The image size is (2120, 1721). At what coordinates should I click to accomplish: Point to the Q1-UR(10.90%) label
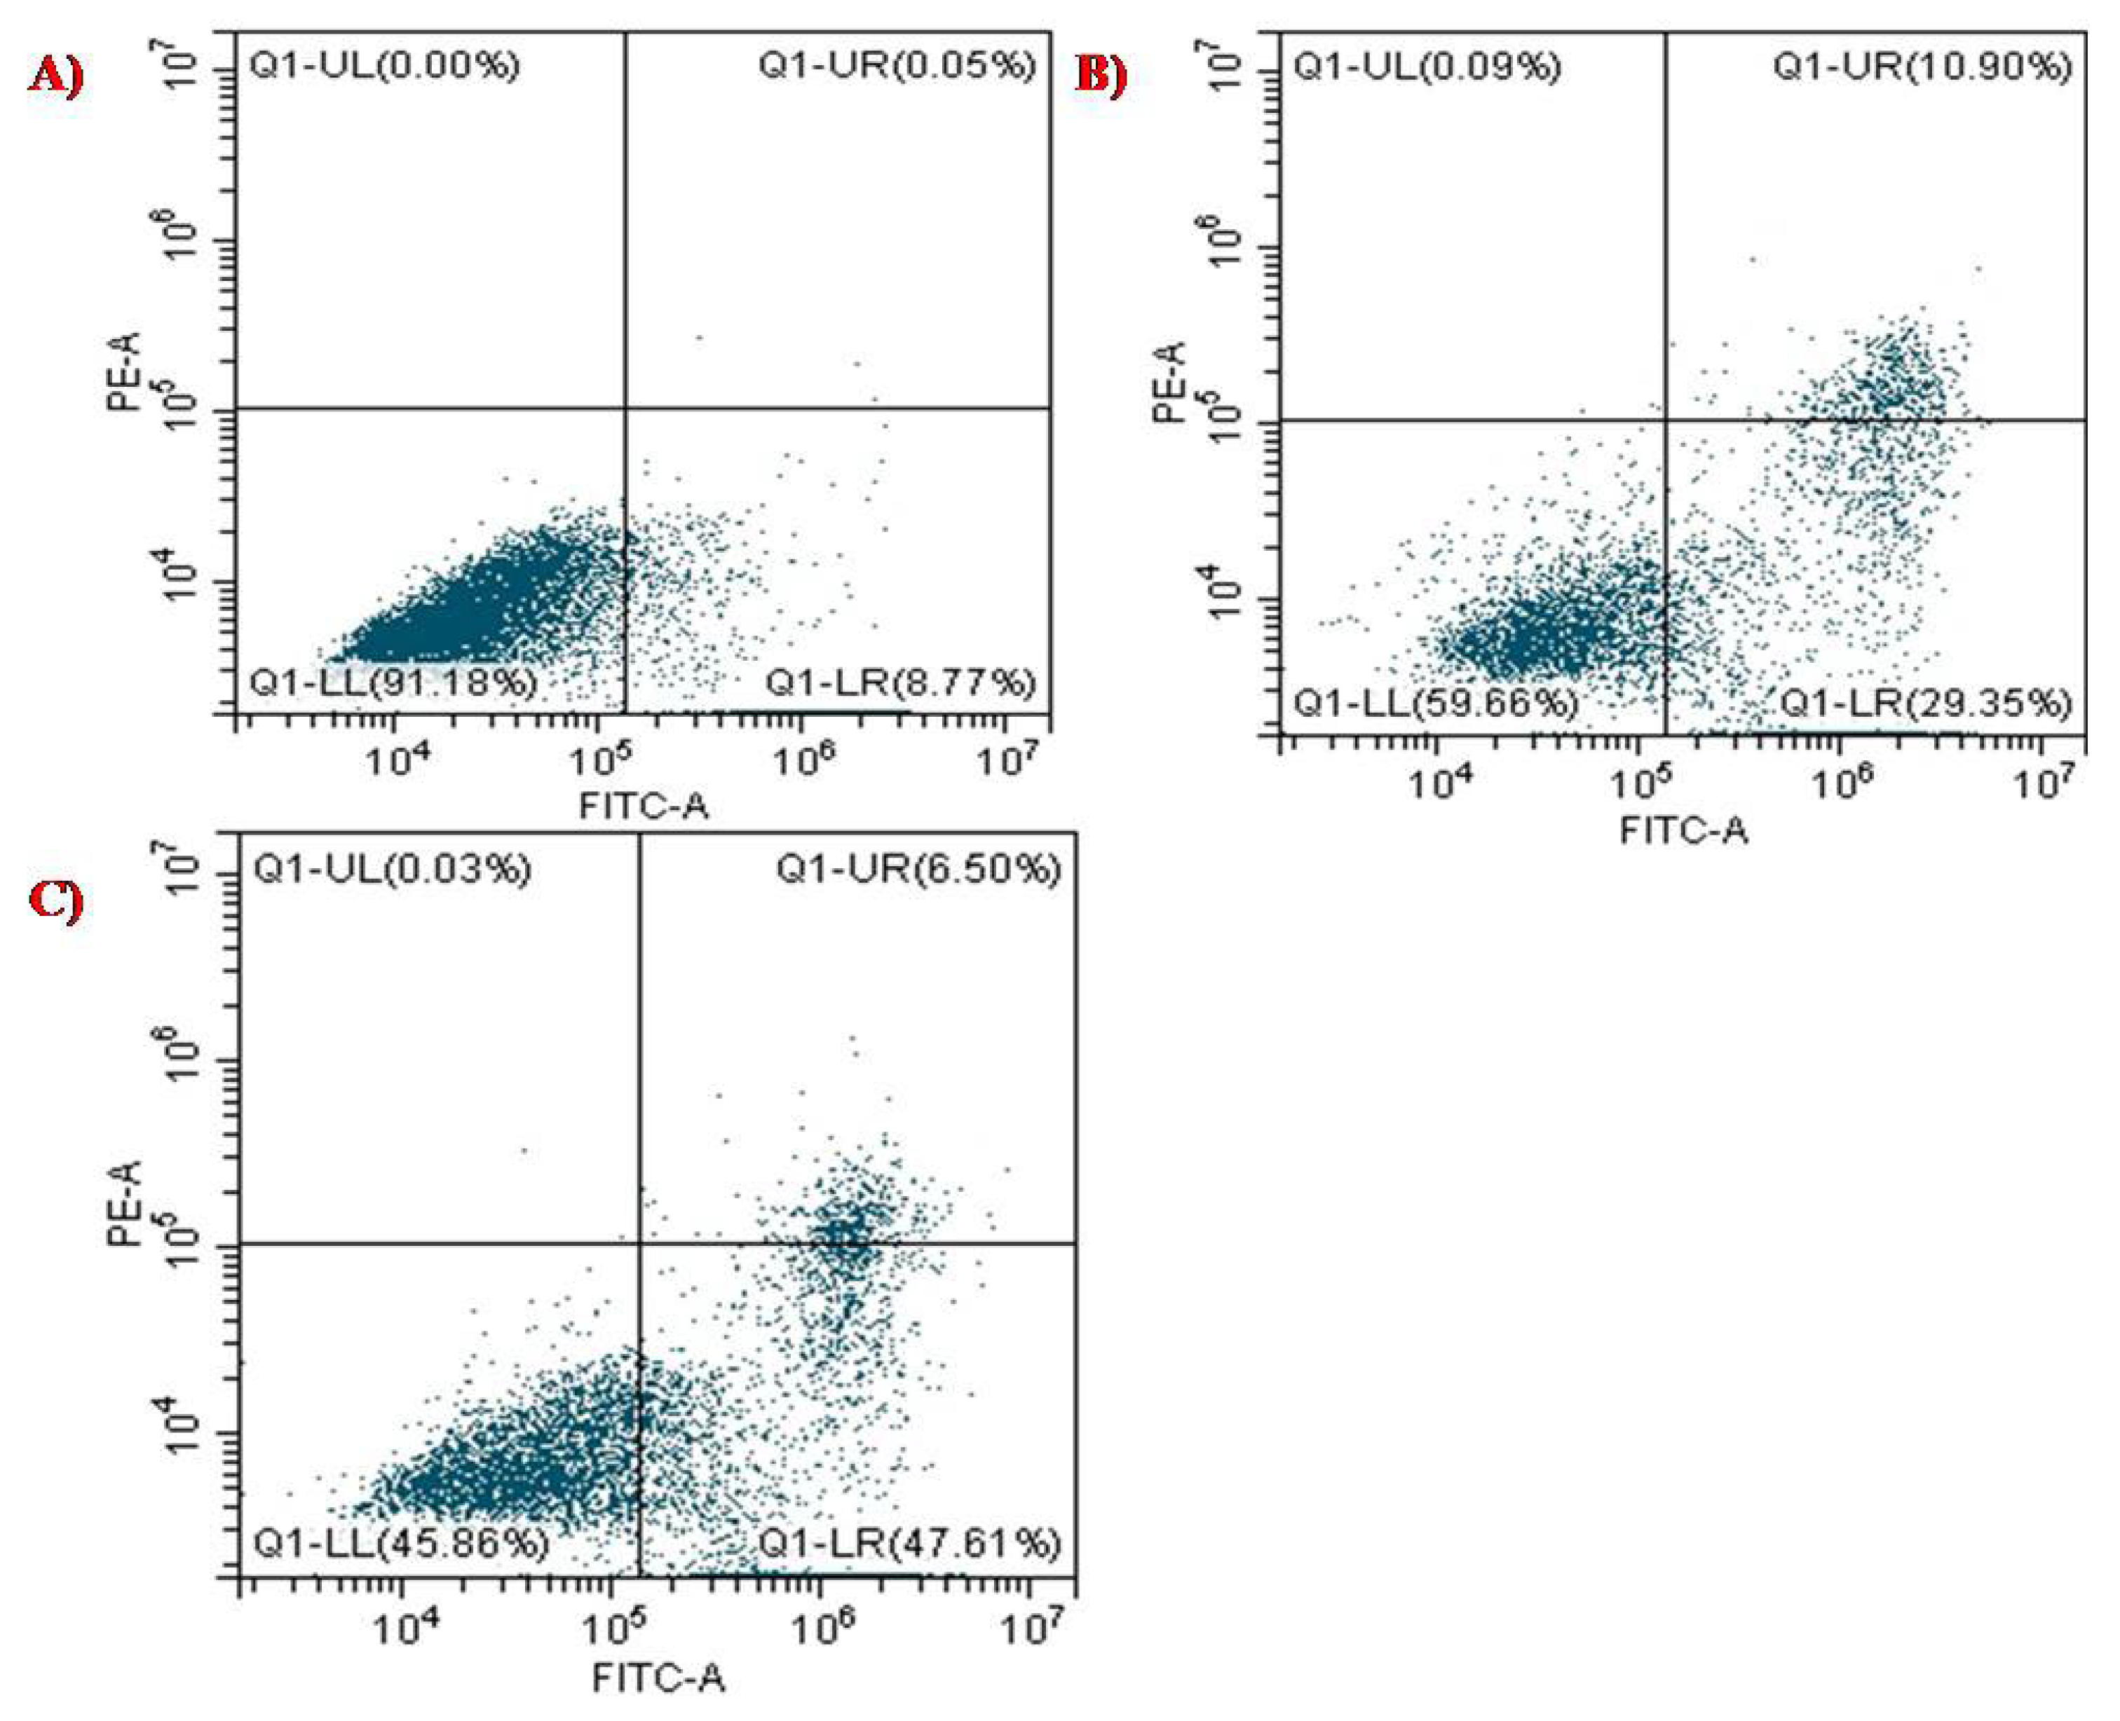pyautogui.click(x=1922, y=67)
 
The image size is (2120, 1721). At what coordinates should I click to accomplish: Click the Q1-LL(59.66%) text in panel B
pyautogui.click(x=1436, y=704)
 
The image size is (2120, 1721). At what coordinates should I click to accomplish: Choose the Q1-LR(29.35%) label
pyautogui.click(x=1926, y=704)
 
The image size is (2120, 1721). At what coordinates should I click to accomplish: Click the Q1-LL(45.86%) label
pyautogui.click(x=402, y=1544)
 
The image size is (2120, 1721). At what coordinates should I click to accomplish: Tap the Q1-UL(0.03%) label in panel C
pyautogui.click(x=393, y=870)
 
